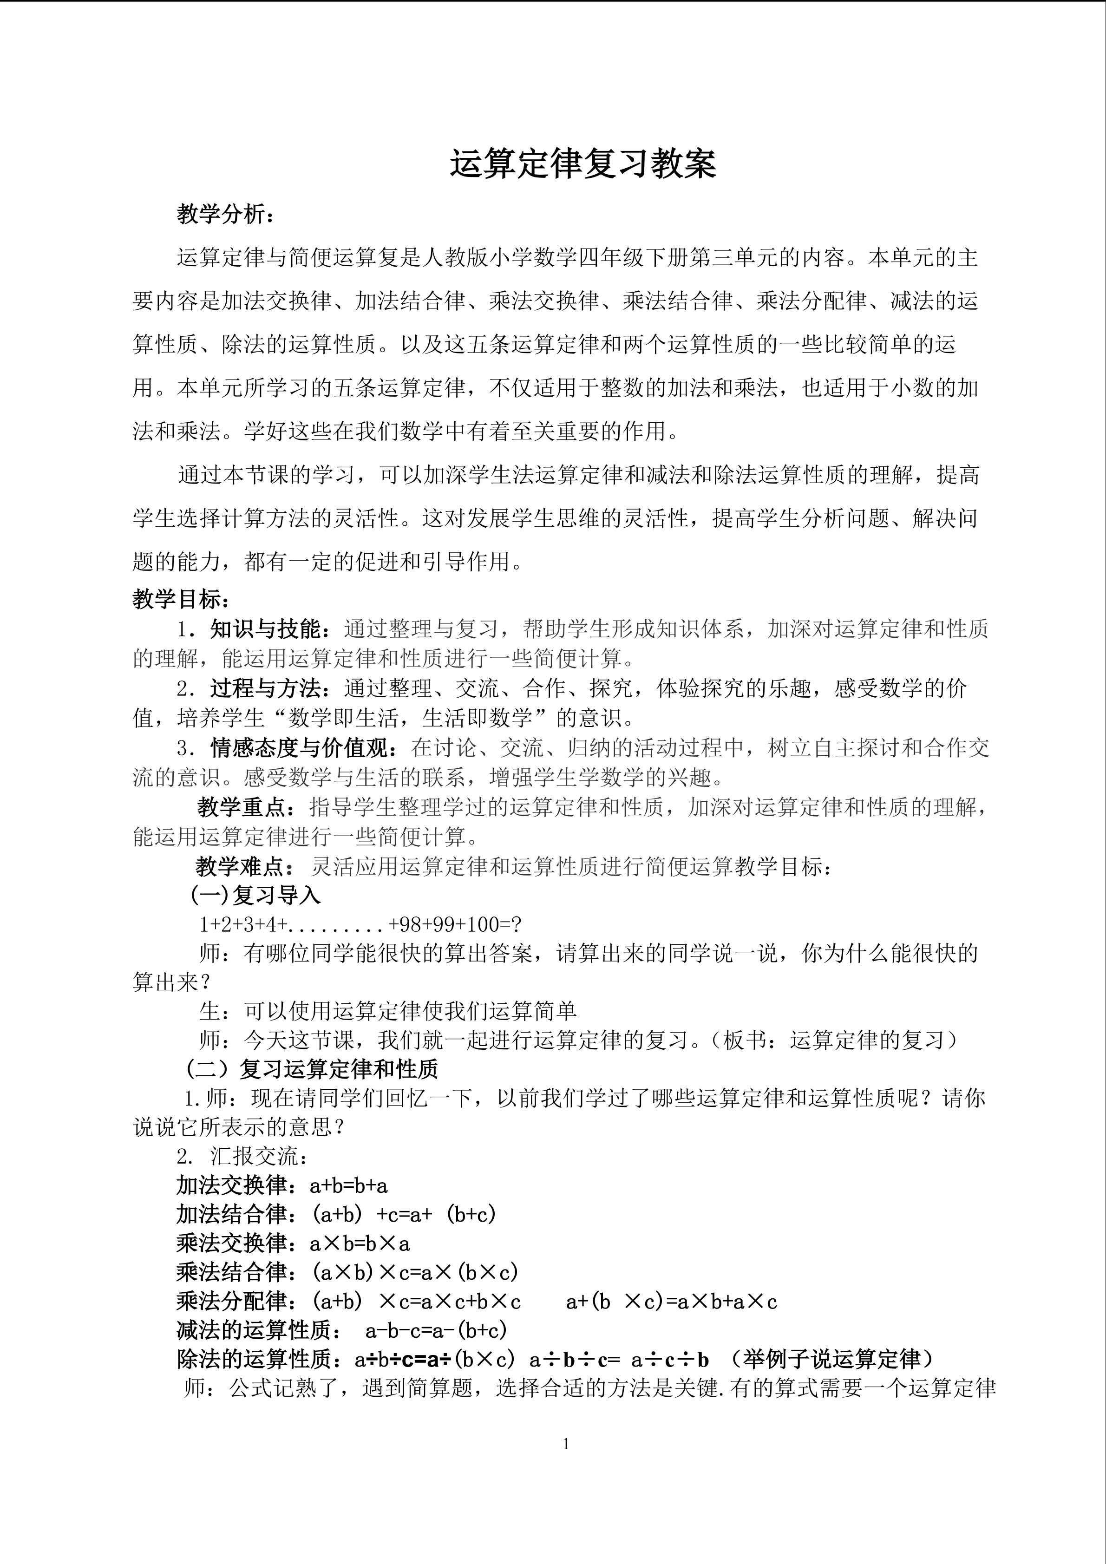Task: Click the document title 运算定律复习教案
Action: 582,165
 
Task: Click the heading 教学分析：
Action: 226,215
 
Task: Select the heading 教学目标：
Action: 181,599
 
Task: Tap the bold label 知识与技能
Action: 265,629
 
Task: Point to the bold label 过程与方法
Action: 265,689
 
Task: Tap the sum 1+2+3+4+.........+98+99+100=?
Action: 360,924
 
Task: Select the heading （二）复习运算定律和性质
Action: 312,1069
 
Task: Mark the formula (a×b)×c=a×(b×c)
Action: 415,1272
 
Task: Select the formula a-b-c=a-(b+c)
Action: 436,1330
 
